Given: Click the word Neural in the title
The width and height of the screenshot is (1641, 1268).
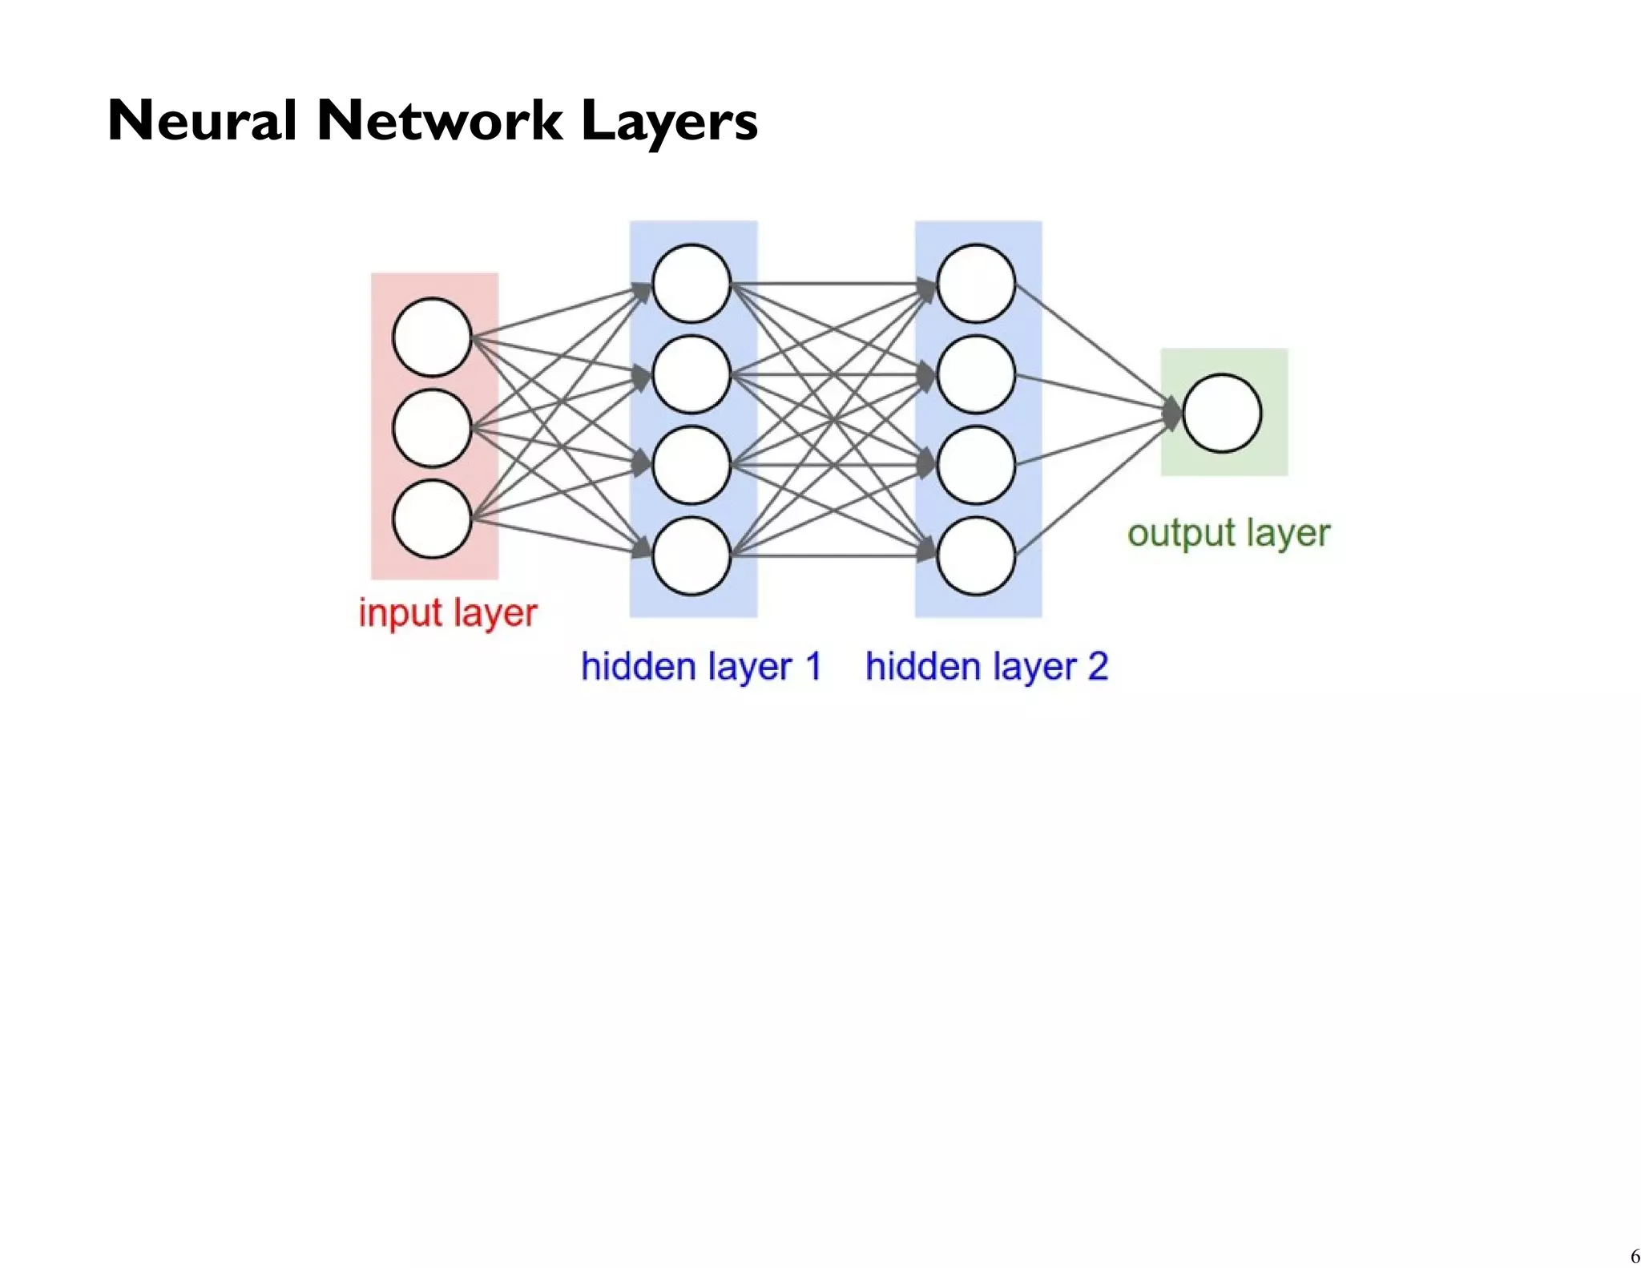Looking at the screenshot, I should [202, 121].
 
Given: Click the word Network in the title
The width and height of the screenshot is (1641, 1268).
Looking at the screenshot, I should [439, 121].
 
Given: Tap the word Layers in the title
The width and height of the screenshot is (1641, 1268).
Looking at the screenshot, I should [668, 123].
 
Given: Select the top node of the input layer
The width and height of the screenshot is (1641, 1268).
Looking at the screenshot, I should [432, 337].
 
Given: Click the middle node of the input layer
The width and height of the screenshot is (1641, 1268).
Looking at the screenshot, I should [432, 428].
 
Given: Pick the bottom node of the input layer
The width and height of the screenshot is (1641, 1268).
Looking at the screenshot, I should [432, 519].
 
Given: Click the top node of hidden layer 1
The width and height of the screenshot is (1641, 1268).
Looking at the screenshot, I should [691, 284].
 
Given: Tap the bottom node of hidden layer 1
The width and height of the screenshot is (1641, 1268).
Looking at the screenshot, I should [691, 555].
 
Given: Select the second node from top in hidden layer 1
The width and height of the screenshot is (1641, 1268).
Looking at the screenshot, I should [691, 374].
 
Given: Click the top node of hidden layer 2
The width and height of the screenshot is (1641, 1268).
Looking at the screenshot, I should [976, 284].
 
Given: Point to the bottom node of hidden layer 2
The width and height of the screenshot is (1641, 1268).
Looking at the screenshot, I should [976, 555].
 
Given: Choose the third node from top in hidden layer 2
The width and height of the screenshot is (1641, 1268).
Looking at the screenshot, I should [976, 465].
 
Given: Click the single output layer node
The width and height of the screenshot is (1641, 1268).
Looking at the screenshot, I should [1222, 413].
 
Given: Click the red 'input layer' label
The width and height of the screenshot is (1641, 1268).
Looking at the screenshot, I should [447, 613].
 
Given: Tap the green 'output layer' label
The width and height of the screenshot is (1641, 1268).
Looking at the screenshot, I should [1228, 534].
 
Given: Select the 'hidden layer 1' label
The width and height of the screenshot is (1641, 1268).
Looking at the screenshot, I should [701, 667].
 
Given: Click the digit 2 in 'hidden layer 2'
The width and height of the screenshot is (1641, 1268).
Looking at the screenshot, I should [1097, 667].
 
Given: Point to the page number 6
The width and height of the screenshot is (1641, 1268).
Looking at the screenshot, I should [1635, 1256].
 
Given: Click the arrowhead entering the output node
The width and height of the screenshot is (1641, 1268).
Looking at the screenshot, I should [1172, 414].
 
